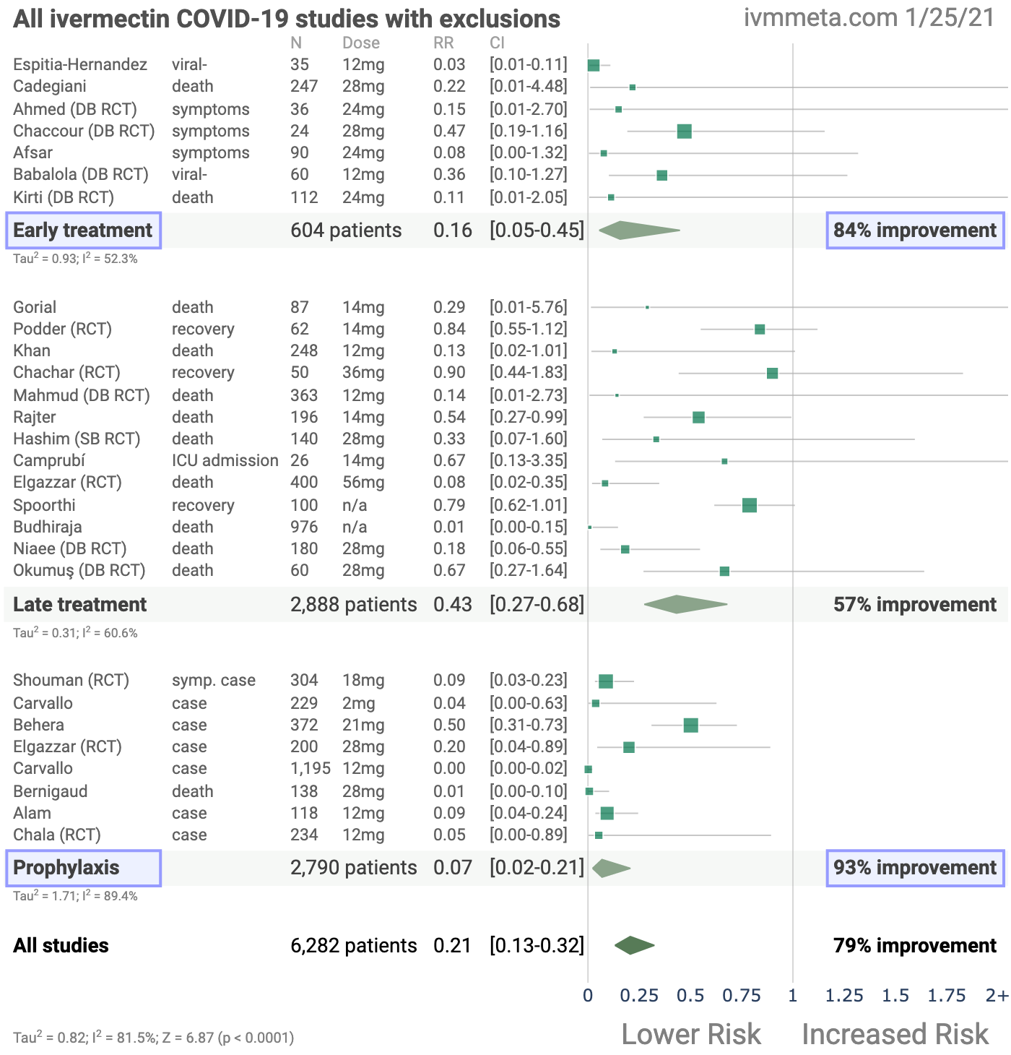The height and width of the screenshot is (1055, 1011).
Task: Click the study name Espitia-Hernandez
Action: (x=80, y=65)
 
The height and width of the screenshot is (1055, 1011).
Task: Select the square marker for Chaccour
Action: (x=684, y=132)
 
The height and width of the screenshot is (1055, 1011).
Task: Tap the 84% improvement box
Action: (x=915, y=231)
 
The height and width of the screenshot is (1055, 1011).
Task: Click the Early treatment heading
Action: (x=83, y=231)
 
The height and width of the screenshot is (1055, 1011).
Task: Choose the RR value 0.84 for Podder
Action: (x=449, y=330)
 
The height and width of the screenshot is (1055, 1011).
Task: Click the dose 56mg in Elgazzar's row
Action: (x=363, y=483)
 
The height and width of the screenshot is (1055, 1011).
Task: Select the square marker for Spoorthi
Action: (x=749, y=505)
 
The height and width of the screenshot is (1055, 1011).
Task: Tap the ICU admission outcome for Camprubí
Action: (x=225, y=461)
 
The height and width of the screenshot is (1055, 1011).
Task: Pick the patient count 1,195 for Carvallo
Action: (x=311, y=769)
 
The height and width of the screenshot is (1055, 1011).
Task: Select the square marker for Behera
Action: (x=690, y=725)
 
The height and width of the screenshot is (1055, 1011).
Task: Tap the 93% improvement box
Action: (x=915, y=868)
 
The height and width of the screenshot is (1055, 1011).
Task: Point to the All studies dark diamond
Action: (x=634, y=945)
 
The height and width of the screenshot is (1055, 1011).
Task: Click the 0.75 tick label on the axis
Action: (x=742, y=996)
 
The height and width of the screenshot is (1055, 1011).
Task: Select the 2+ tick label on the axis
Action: (x=997, y=996)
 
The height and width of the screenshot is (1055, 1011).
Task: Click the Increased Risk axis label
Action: (x=895, y=1034)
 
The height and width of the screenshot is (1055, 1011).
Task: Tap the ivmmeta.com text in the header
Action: (x=820, y=18)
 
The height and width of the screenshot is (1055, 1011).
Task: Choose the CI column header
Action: (x=498, y=43)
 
